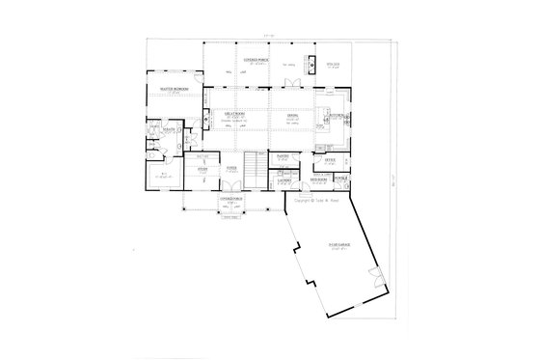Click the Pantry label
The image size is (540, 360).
pos(283,153)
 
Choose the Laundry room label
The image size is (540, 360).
pos(283,180)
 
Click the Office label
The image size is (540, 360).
pos(330,158)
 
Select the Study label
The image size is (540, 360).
pos(202,170)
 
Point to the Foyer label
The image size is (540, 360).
pos(232,170)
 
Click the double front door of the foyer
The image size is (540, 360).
pos(232,191)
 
